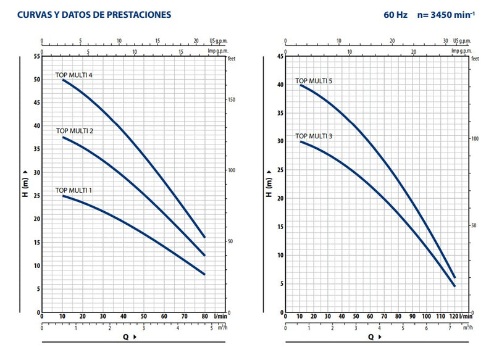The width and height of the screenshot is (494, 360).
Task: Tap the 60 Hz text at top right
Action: (x=396, y=14)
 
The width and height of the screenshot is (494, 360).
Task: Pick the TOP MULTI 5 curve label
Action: (x=314, y=81)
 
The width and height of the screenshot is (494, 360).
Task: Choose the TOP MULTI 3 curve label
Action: (x=314, y=136)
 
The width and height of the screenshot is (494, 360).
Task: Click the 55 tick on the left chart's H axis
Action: (x=36, y=56)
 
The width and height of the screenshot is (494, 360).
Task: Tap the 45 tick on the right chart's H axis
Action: (x=280, y=57)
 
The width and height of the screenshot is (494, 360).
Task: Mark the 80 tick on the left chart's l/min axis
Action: (x=204, y=317)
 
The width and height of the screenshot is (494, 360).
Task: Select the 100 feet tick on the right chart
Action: (x=475, y=138)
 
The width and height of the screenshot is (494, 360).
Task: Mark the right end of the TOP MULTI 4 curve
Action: (x=204, y=237)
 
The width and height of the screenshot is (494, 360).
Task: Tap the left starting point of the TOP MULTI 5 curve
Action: (x=301, y=85)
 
